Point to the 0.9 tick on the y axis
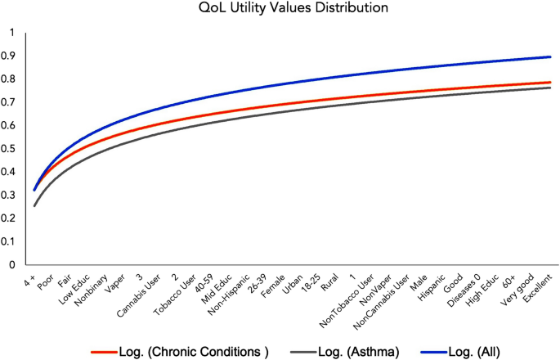coord(11,56)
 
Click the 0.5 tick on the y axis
coord(11,149)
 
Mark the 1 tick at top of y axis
coord(11,33)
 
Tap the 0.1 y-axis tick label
coord(11,242)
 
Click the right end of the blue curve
coord(549,56)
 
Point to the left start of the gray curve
coord(34,205)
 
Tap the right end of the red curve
coord(549,82)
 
